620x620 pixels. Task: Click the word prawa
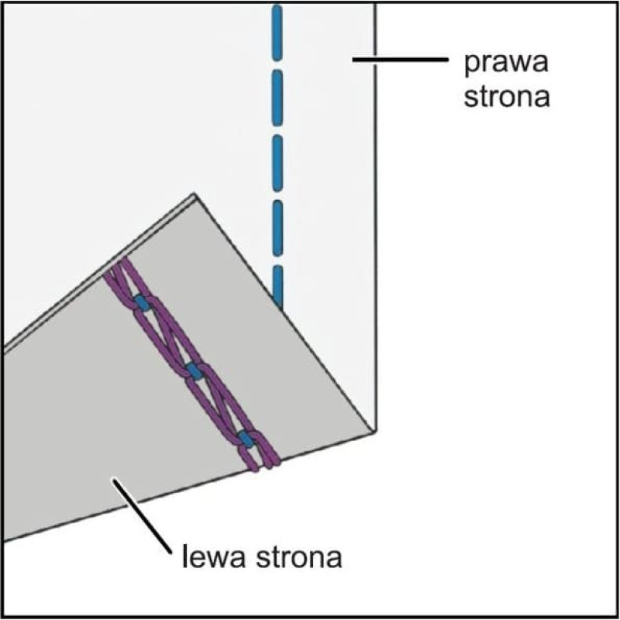[506, 64]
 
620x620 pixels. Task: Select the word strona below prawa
[507, 95]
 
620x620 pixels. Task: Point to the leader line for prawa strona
[400, 60]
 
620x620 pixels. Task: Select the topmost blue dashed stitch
[277, 33]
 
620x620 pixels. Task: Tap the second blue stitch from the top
[277, 98]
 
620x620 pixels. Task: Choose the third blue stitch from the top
[278, 163]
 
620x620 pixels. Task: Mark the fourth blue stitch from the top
[278, 228]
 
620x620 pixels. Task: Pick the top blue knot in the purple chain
[142, 303]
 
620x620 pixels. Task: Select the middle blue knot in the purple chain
[195, 371]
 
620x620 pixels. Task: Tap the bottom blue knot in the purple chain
[246, 439]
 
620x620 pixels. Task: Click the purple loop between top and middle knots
[167, 337]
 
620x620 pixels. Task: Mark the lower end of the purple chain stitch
[266, 466]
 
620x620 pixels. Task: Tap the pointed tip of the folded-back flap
[194, 195]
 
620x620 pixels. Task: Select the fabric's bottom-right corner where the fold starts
[374, 430]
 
